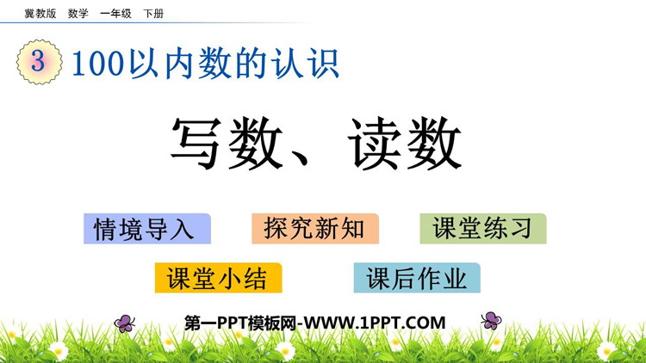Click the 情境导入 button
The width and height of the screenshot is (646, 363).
pyautogui.click(x=147, y=229)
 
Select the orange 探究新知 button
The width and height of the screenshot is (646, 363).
pyautogui.click(x=315, y=229)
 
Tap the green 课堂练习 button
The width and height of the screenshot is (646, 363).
pyautogui.click(x=483, y=229)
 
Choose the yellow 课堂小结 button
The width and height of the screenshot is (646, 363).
pyautogui.click(x=219, y=278)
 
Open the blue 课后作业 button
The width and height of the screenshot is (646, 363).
pyautogui.click(x=417, y=278)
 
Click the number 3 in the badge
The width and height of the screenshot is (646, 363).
pyautogui.click(x=38, y=61)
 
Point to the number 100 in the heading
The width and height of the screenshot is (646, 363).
pyautogui.click(x=98, y=64)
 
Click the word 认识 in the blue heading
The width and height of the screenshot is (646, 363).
pyautogui.click(x=305, y=64)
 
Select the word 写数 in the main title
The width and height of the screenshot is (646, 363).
pyautogui.click(x=227, y=144)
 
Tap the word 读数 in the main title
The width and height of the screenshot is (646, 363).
pyautogui.click(x=405, y=144)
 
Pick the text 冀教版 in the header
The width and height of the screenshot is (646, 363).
pyautogui.click(x=40, y=14)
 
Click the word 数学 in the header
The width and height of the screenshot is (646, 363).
pyautogui.click(x=78, y=14)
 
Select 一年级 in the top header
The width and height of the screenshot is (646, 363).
pyautogui.click(x=115, y=14)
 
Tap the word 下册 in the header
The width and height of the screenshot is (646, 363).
pyautogui.click(x=153, y=14)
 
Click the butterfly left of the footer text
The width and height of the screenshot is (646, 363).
pyautogui.click(x=124, y=323)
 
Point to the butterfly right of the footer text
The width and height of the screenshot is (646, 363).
pyautogui.click(x=491, y=321)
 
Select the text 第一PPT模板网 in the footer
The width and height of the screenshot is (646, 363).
pyautogui.click(x=240, y=323)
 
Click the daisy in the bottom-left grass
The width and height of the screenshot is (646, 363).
pyautogui.click(x=59, y=351)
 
